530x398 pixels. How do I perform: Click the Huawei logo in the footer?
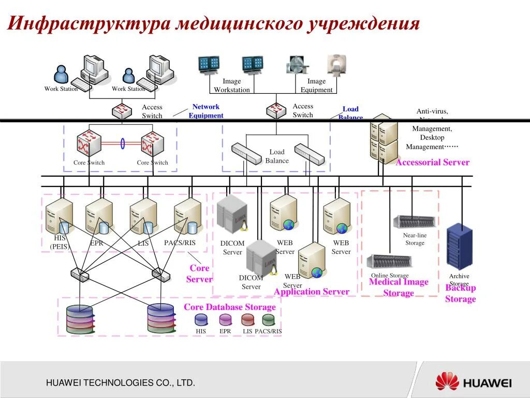click(473, 382)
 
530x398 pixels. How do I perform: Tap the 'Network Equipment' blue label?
click(206, 111)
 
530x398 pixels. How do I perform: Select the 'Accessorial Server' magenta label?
click(432, 162)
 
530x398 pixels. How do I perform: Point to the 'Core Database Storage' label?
click(230, 307)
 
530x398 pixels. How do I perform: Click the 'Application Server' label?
click(312, 292)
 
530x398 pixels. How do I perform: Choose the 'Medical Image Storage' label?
click(399, 288)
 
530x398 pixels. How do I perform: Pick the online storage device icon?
click(390, 262)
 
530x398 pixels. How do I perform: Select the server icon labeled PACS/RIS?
click(187, 216)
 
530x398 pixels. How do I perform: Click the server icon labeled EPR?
click(99, 216)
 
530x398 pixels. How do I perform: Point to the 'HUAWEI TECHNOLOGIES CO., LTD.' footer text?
click(121, 383)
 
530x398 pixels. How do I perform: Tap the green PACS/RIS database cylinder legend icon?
click(268, 320)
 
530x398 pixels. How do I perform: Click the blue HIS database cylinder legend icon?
click(201, 320)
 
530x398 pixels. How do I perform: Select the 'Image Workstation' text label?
click(232, 86)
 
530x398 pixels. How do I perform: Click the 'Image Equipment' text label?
click(317, 86)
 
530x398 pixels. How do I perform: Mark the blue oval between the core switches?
click(123, 143)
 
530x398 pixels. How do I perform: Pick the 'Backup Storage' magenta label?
click(460, 294)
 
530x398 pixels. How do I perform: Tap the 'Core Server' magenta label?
click(199, 274)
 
